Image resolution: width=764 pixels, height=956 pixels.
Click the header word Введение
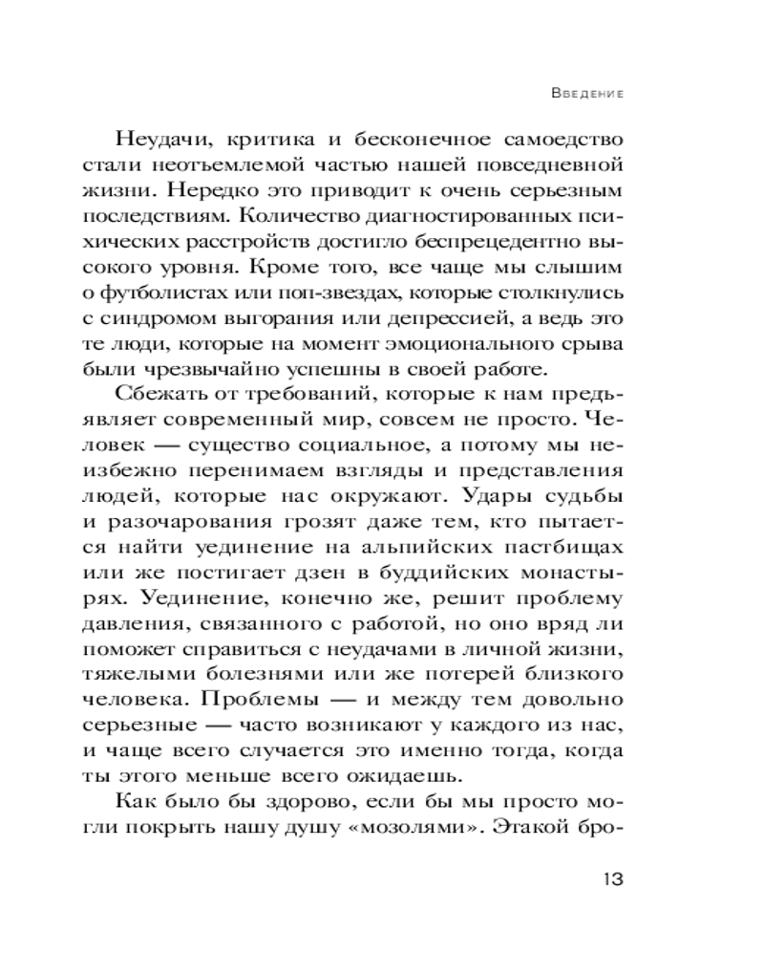[588, 95]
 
